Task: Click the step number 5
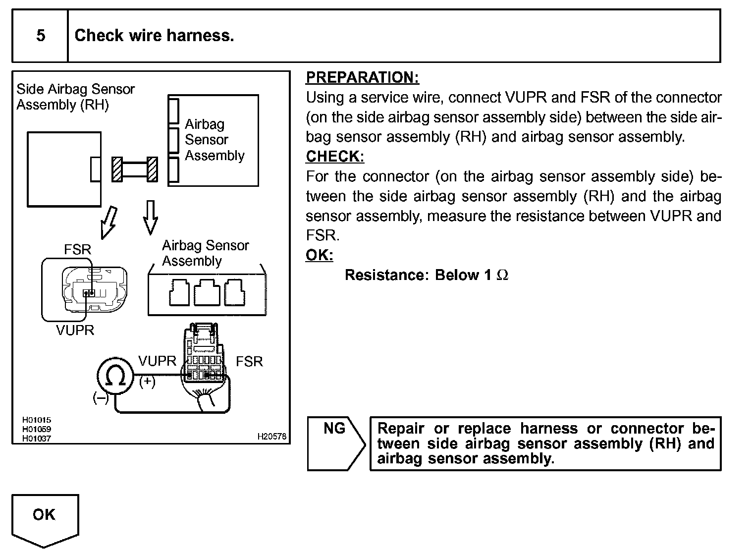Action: coord(41,36)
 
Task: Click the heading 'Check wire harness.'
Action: coord(154,36)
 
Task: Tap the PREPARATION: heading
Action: coord(362,77)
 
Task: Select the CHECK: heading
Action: coord(335,156)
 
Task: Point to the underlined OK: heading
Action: coord(320,255)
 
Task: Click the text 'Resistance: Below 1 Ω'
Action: coord(426,275)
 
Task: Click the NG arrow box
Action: coord(336,443)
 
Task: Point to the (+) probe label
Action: coord(147,382)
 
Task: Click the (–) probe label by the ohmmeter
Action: coord(100,397)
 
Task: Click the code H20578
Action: coord(272,437)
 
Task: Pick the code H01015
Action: coord(36,420)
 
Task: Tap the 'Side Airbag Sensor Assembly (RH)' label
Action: coord(75,97)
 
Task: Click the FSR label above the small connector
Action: coord(78,249)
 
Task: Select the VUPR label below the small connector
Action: coord(75,330)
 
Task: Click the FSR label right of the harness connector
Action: coord(249,362)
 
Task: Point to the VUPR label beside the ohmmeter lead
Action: coord(157,361)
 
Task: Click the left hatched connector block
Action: coord(117,169)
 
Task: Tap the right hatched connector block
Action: coord(153,169)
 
